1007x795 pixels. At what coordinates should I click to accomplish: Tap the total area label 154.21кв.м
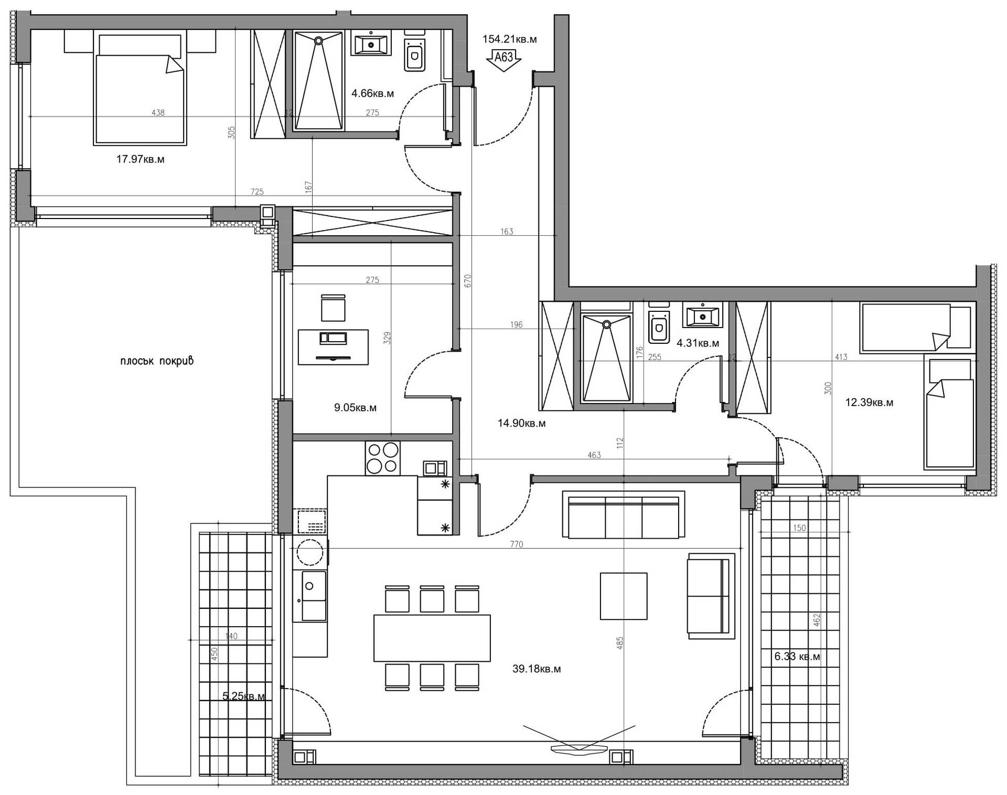point(509,39)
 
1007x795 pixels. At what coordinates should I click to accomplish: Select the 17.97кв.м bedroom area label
point(140,159)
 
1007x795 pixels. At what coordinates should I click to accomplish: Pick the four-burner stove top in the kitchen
point(382,458)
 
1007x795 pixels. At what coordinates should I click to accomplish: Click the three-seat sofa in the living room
point(624,514)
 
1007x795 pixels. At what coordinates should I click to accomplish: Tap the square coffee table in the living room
point(624,596)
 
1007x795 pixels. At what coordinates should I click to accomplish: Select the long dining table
point(432,638)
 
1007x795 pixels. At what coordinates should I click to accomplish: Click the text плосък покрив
point(157,361)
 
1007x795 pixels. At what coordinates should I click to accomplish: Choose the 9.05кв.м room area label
point(355,408)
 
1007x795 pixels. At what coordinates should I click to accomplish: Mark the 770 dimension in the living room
point(517,544)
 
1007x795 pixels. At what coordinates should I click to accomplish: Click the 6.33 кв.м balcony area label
point(797,656)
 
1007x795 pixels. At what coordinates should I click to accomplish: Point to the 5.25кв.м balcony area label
point(244,696)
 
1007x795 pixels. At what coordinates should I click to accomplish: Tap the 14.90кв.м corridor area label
point(521,423)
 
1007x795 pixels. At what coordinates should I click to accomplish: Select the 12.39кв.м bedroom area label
point(869,402)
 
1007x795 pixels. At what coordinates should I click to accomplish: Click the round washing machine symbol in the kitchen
point(310,552)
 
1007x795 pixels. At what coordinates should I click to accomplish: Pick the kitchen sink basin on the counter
point(313,595)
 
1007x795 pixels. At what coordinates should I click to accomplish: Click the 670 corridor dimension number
point(468,281)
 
